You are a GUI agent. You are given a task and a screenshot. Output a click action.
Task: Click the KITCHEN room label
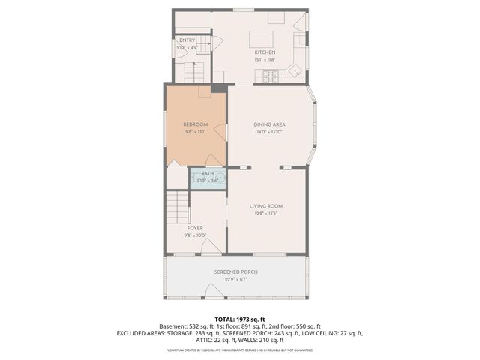(265, 52)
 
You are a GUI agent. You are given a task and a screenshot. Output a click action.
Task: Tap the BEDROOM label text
(196, 124)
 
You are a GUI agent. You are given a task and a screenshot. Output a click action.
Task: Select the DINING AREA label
(269, 124)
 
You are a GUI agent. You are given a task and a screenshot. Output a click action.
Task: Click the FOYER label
(195, 227)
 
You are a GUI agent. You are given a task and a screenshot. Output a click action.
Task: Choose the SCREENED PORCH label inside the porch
(236, 271)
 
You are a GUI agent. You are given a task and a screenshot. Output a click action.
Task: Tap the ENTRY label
(187, 40)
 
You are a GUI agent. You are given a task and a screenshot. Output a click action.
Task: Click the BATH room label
(208, 174)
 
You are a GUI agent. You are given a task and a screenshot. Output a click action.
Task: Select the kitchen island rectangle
(262, 38)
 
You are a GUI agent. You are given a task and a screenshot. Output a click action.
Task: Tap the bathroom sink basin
(220, 179)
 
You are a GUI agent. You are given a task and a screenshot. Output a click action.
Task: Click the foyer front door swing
(212, 246)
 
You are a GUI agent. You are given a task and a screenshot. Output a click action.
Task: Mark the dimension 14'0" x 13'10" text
(269, 132)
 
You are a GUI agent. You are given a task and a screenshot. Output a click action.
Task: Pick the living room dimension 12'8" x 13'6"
(265, 213)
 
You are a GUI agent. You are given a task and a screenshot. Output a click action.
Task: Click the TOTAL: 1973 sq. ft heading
(239, 319)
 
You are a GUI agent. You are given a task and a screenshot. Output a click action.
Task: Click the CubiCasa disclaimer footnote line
(239, 349)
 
